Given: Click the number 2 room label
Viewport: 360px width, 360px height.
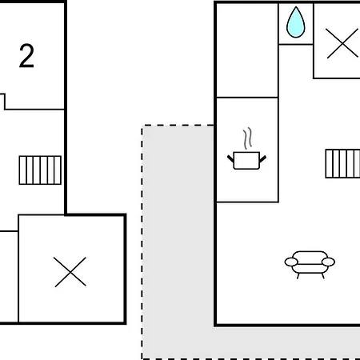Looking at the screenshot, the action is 26,56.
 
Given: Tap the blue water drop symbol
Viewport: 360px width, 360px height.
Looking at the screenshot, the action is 295,22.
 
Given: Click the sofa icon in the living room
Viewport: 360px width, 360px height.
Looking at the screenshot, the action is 310,265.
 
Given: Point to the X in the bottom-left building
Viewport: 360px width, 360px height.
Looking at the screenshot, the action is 70,272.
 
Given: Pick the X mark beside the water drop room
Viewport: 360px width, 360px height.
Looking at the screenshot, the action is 342,43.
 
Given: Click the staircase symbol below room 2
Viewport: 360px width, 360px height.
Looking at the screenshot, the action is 40,170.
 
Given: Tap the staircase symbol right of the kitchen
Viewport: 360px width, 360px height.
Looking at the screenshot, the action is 342,164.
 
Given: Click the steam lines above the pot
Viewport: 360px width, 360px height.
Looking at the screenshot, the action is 247,138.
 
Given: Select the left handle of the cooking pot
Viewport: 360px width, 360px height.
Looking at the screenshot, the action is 230,158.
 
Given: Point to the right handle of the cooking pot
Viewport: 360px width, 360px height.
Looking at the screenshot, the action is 262,159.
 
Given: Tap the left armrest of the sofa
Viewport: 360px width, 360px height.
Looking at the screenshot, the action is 291,262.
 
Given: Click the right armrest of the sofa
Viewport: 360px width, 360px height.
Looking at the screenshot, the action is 328,262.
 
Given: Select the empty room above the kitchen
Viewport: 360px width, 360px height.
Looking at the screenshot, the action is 247,50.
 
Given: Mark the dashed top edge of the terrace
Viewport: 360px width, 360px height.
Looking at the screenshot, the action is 178,125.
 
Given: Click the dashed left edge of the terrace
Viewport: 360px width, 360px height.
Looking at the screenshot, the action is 142,242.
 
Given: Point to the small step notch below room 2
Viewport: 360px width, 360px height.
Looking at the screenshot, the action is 3,102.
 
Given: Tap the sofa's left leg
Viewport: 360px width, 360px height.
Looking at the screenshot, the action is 298,276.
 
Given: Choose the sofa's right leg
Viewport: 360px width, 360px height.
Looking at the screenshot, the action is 322,276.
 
